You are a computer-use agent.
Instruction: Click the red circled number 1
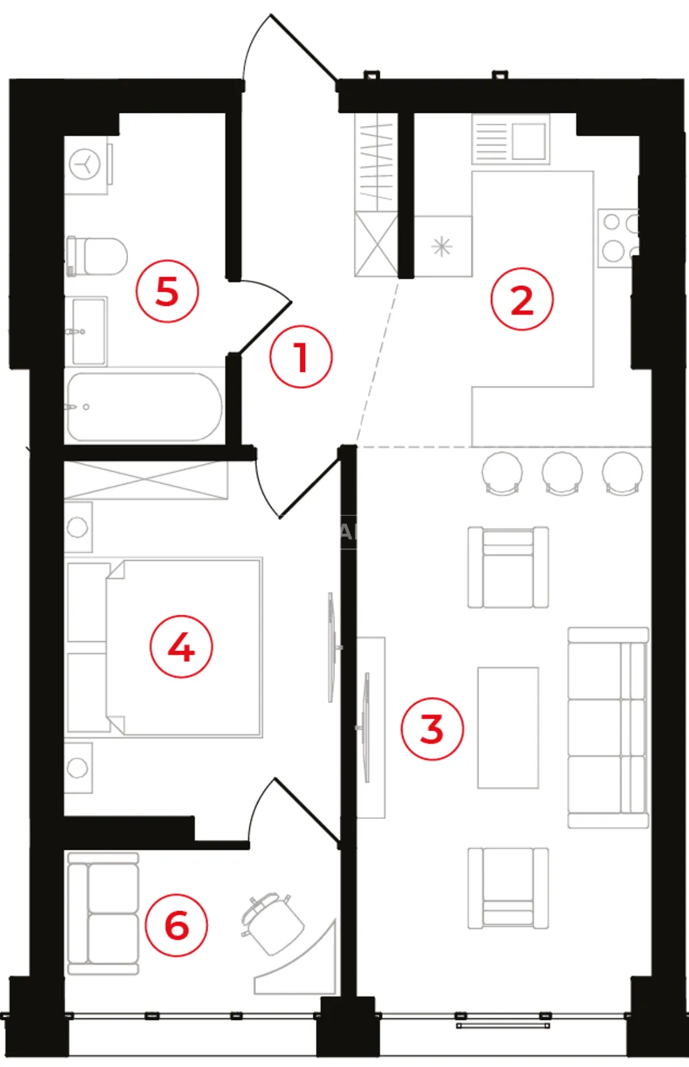(301, 357)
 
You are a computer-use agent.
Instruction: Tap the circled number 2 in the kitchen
(522, 299)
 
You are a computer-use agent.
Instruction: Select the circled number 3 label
(432, 729)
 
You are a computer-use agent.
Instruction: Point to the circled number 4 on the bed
(181, 647)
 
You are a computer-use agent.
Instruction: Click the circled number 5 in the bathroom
(167, 291)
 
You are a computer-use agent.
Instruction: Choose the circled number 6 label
(176, 926)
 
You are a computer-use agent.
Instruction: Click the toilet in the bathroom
(97, 256)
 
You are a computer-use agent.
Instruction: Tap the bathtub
(144, 407)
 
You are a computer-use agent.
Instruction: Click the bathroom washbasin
(89, 331)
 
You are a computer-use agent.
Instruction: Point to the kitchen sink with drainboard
(510, 139)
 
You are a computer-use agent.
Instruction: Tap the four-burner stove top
(618, 237)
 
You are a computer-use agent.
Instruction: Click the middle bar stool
(562, 473)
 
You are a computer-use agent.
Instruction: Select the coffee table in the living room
(508, 728)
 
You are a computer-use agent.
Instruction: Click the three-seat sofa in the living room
(608, 728)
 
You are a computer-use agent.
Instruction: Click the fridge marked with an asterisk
(443, 246)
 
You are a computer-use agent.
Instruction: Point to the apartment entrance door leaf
(304, 47)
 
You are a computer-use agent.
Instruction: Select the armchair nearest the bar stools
(508, 567)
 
